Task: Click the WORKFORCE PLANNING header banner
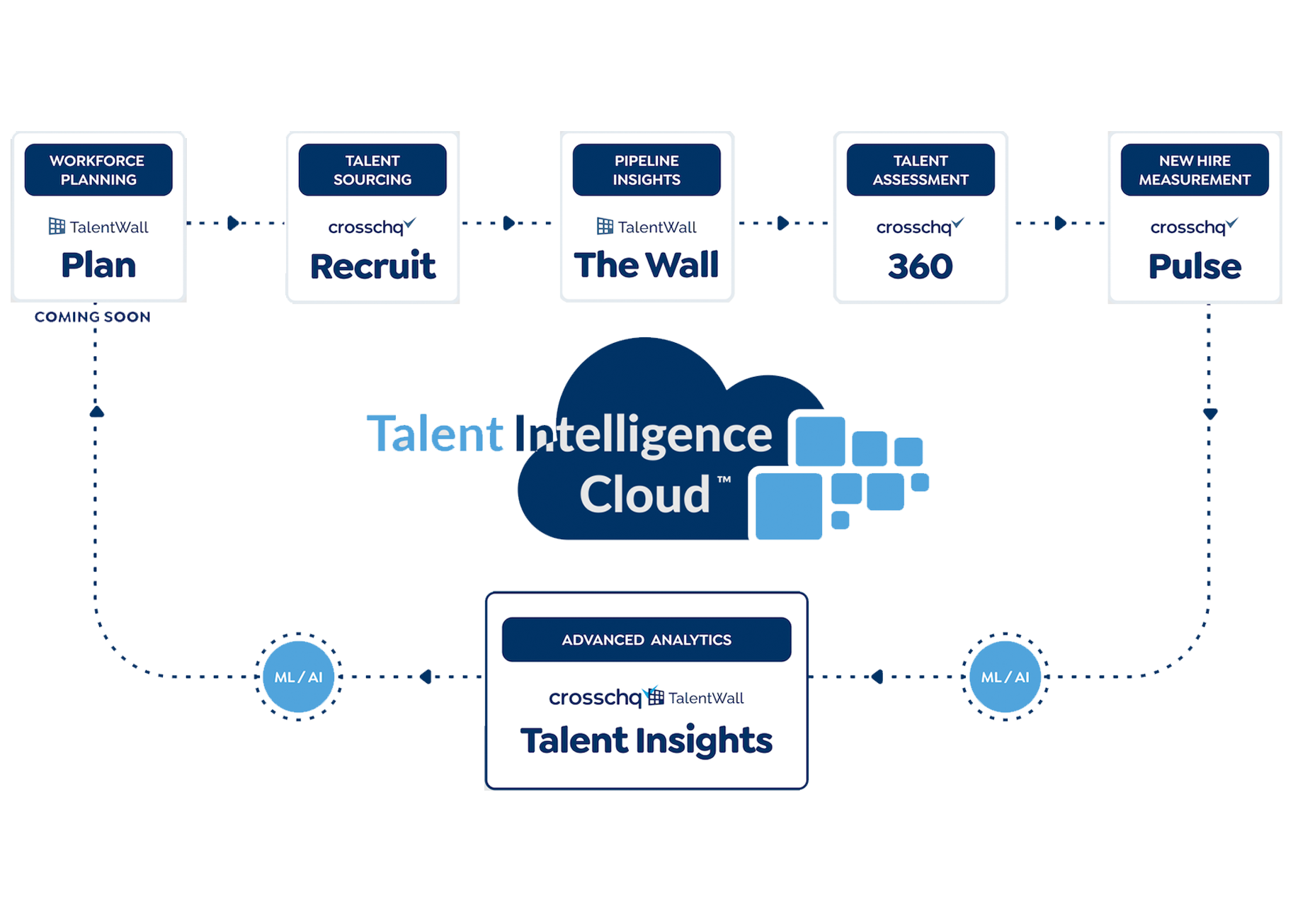[98, 170]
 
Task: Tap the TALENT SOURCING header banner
[372, 170]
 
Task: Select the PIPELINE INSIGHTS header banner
[646, 170]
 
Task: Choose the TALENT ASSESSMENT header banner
[921, 170]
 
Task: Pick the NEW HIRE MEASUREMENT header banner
[1195, 170]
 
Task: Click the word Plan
[98, 266]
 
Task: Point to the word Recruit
[372, 266]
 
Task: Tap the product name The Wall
[646, 266]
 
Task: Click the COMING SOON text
[93, 317]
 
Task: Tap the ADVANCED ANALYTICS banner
[646, 640]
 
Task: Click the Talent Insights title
[646, 741]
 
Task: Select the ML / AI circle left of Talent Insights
[298, 677]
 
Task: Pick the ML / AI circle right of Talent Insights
[1005, 677]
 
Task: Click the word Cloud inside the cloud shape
[645, 495]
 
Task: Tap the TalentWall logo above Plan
[98, 227]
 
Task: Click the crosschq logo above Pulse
[1194, 227]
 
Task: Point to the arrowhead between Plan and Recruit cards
[234, 223]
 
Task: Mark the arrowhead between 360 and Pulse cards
[1060, 223]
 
